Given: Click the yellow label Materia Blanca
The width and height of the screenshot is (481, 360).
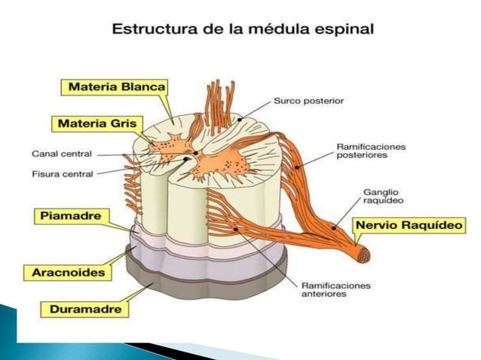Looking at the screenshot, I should (117, 87).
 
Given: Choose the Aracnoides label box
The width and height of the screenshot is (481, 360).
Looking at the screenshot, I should (68, 272).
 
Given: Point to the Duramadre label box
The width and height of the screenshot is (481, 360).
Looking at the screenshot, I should (84, 307).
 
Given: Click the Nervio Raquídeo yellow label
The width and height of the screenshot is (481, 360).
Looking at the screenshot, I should (409, 224).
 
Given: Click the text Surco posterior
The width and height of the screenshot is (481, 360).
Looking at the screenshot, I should (308, 99).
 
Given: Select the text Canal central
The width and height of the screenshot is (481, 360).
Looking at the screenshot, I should (62, 154).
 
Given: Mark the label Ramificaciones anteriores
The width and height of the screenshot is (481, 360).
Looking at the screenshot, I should (335, 290).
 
